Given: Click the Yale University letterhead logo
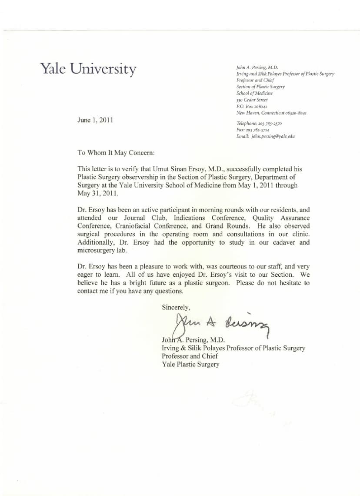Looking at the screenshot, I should coord(88,69).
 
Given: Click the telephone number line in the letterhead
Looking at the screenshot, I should coord(259,124).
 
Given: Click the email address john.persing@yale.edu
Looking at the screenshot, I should coord(266,136).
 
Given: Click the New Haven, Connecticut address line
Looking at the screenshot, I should coord(272,113).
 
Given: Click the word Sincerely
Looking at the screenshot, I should coord(176,307).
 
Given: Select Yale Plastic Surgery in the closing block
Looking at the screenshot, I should coord(190,365).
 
